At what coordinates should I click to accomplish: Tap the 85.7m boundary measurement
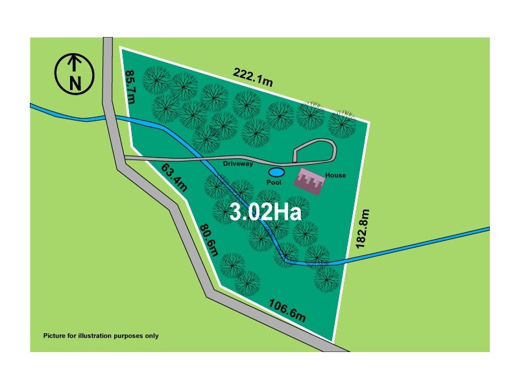[x=130, y=87]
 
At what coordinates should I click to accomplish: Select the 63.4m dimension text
[x=173, y=179]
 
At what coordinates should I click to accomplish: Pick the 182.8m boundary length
[x=363, y=228]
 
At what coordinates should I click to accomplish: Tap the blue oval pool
[x=276, y=172]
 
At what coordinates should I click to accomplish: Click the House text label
[x=335, y=175]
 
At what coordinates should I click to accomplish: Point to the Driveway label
[x=238, y=164]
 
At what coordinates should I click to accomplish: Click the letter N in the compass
[x=75, y=82]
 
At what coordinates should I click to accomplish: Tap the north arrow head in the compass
[x=75, y=60]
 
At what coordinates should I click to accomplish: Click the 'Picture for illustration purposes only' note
[x=101, y=336]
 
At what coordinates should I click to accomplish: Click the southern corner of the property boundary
[x=333, y=340]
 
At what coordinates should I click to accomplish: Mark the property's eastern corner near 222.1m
[x=369, y=122]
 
